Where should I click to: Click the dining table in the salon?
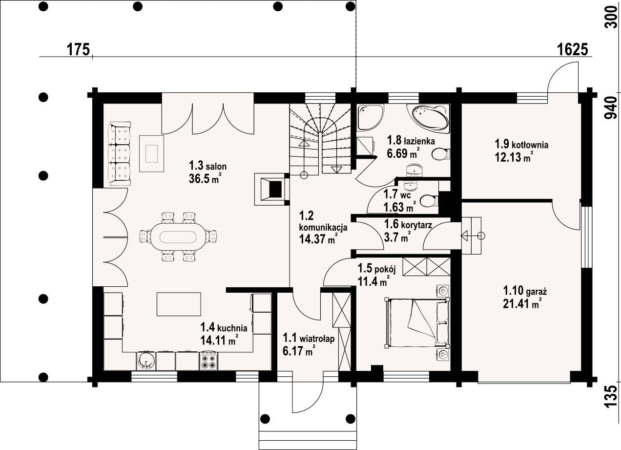point(178,237)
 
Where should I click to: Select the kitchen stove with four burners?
point(208,361)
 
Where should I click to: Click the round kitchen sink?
point(146,361)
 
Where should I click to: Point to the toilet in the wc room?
point(429,201)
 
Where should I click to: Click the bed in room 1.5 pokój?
point(416,322)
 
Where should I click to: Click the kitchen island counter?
point(179,304)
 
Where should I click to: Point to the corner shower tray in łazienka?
point(370,117)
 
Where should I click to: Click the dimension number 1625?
point(572,50)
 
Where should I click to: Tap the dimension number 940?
point(611,107)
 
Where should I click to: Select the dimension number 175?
point(79,50)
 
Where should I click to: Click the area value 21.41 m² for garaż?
point(522,304)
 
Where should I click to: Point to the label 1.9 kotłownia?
point(521,144)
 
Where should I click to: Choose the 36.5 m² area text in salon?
point(205,179)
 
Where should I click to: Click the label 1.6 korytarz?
point(408,224)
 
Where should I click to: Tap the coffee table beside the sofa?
point(151,154)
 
